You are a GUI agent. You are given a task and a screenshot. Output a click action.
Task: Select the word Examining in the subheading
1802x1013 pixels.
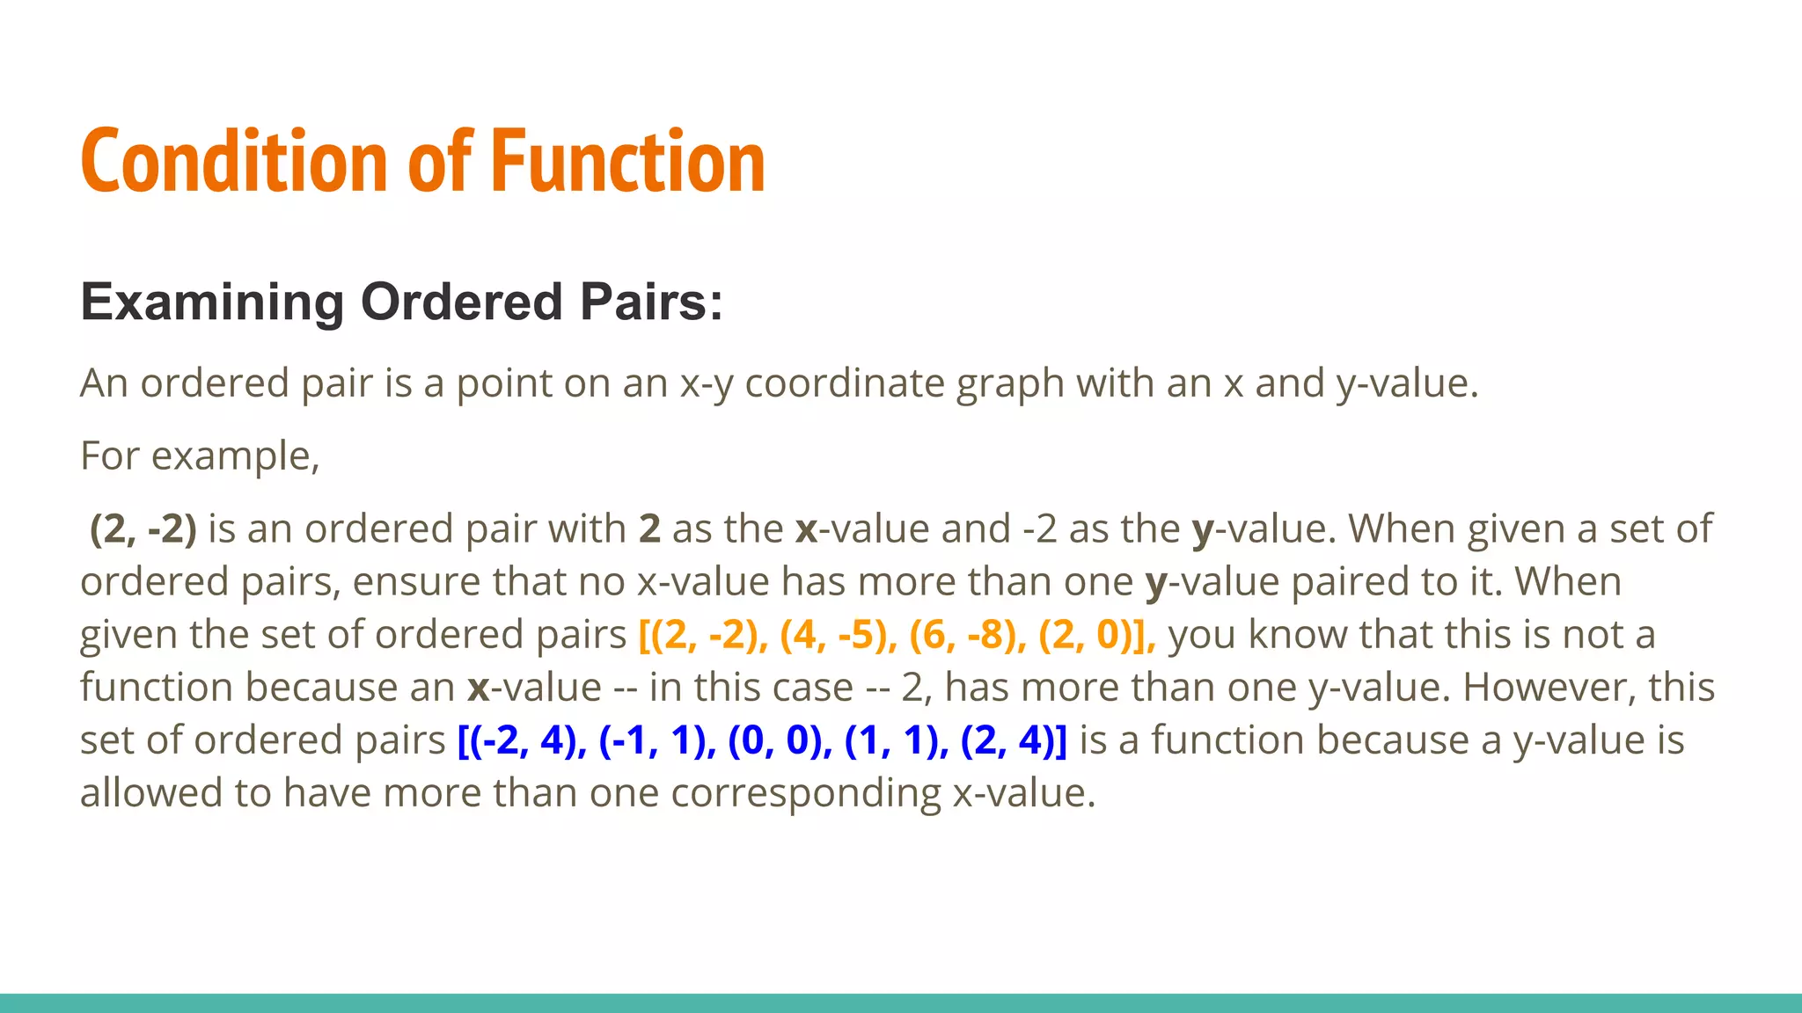coord(212,302)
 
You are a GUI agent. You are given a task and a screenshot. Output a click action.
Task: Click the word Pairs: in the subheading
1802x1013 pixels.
coord(651,302)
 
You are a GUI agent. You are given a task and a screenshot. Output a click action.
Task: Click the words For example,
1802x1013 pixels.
coord(200,455)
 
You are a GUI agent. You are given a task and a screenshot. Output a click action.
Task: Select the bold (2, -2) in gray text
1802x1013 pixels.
coord(143,528)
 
